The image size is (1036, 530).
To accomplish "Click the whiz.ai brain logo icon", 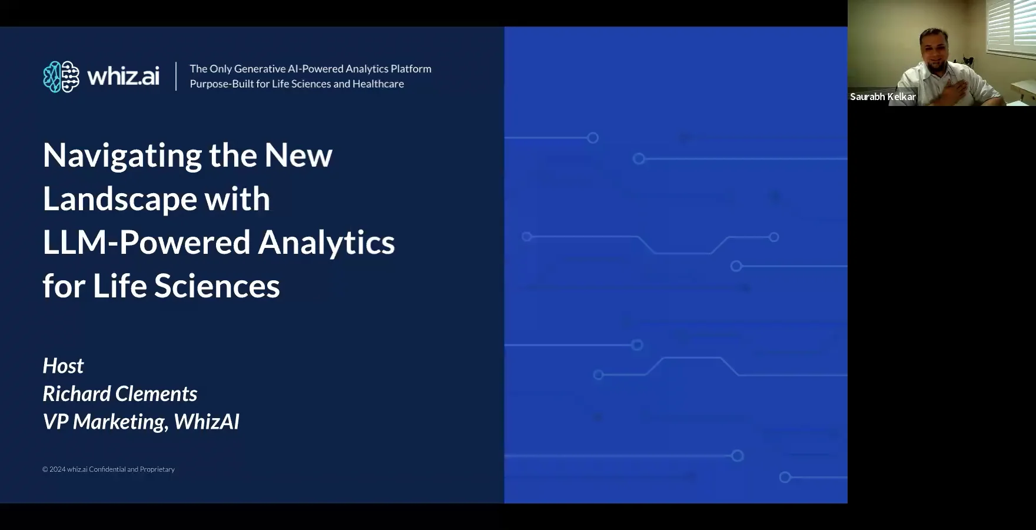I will click(61, 77).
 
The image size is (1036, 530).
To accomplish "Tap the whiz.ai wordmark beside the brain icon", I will click(124, 77).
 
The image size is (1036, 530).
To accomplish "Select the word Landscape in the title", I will click(119, 200).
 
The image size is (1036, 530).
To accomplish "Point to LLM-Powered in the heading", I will click(147, 243).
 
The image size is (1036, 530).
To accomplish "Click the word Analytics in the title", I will click(327, 243).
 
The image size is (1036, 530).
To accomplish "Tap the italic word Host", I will click(63, 366).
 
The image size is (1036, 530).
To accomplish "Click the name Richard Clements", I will click(120, 393).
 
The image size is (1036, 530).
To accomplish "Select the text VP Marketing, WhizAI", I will click(141, 422).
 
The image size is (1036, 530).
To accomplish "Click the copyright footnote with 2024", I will click(108, 469).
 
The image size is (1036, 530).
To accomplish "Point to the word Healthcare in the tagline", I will click(378, 84).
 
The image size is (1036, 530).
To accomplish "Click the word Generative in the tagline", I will click(260, 69).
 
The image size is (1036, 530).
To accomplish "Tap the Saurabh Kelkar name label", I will click(882, 97).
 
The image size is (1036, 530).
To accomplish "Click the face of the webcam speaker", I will click(934, 47).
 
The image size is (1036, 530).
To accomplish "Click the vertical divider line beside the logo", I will click(176, 77).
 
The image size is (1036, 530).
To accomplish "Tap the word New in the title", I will click(298, 156).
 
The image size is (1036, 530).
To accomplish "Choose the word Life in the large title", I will click(119, 286).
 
